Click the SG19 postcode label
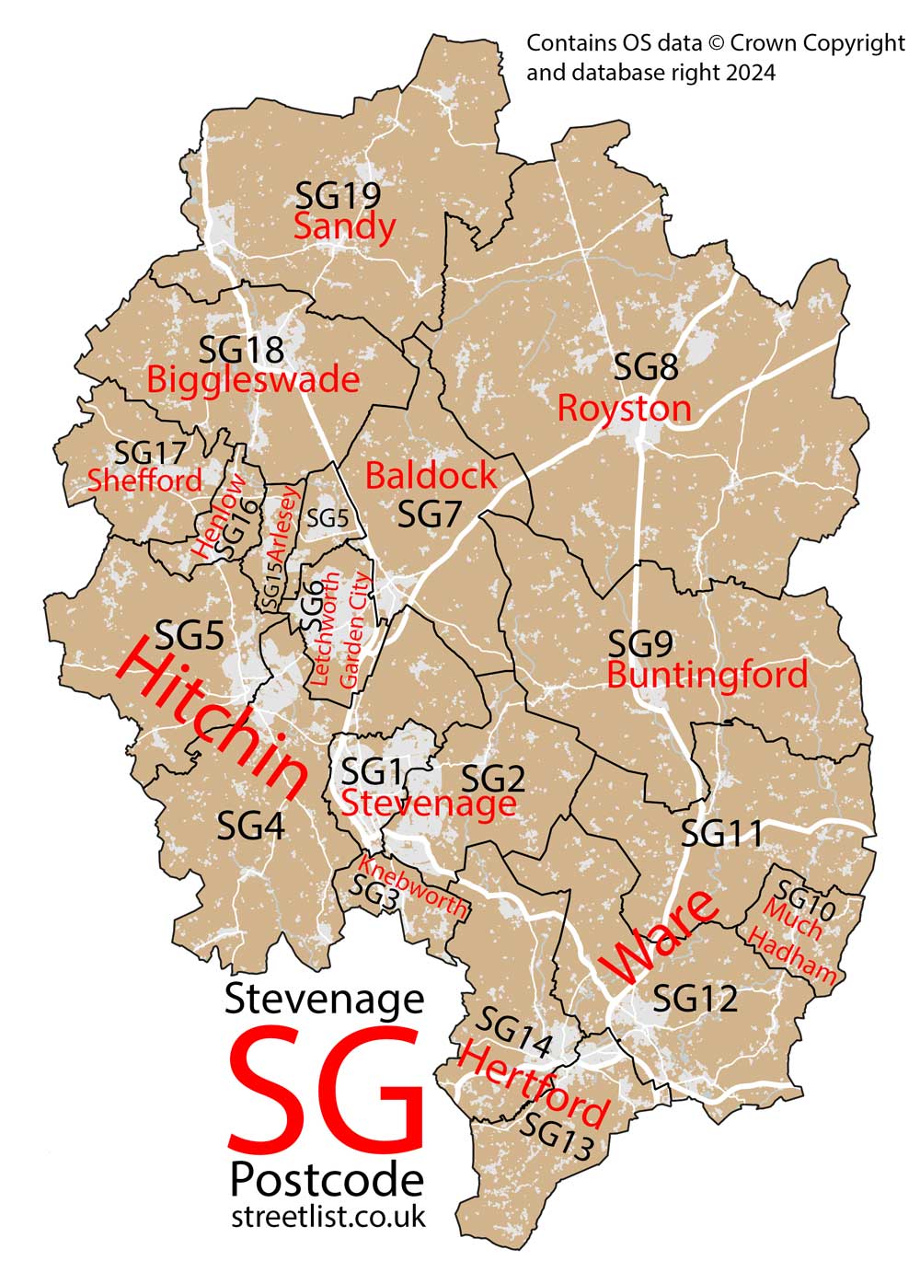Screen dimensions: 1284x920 [338, 195]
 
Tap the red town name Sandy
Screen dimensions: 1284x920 [344, 226]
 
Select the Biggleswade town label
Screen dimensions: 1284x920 [252, 379]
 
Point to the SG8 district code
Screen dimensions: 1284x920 [646, 369]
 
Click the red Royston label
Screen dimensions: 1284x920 [624, 408]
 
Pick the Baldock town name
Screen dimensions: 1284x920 [431, 476]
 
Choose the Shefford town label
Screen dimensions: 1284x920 [144, 480]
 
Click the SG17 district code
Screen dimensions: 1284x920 [150, 452]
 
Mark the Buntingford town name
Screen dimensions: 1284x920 [707, 676]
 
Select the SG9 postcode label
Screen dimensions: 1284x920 [641, 643]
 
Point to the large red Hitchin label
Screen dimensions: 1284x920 [212, 719]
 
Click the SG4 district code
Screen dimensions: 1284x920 [250, 826]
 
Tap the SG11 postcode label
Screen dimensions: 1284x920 [721, 834]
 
